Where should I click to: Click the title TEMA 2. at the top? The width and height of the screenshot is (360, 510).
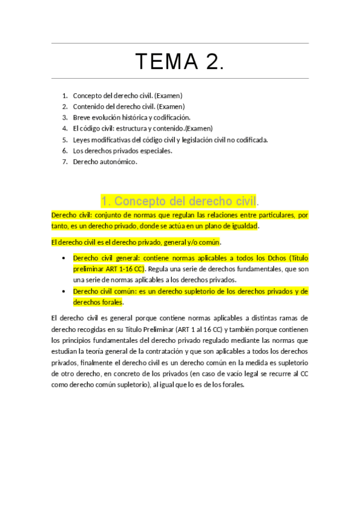click(x=180, y=61)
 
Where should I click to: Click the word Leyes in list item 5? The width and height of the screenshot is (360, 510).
click(x=82, y=140)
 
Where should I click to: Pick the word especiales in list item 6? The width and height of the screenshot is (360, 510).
click(x=155, y=150)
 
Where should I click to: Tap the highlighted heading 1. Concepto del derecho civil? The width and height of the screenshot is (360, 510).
click(x=179, y=201)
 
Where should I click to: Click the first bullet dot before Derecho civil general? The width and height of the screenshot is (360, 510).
click(x=64, y=258)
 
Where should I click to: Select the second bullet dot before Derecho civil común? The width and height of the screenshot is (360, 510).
click(x=64, y=291)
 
